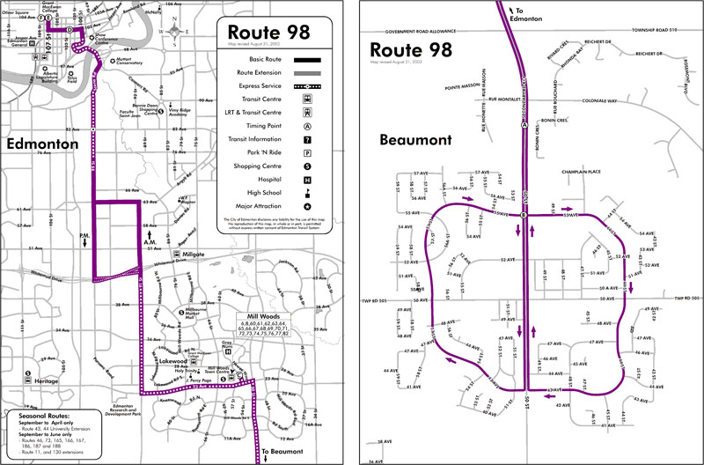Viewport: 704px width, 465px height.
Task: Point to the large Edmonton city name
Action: point(42,143)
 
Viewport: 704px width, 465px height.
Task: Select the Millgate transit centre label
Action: point(193,254)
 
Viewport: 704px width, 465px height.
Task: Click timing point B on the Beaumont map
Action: point(524,216)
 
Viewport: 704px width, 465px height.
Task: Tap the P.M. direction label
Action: point(84,238)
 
